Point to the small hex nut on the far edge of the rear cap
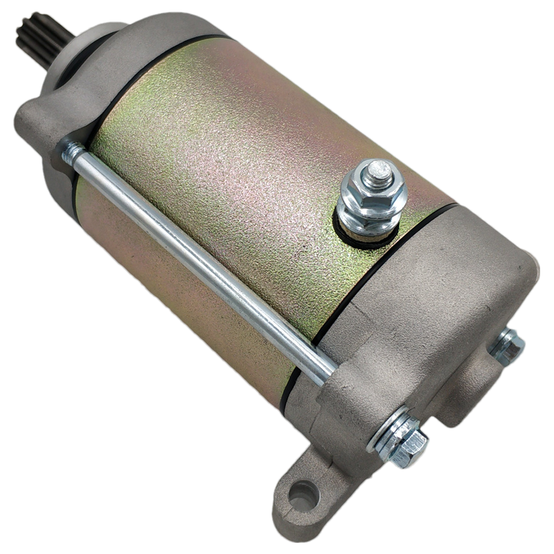click(x=507, y=346)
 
